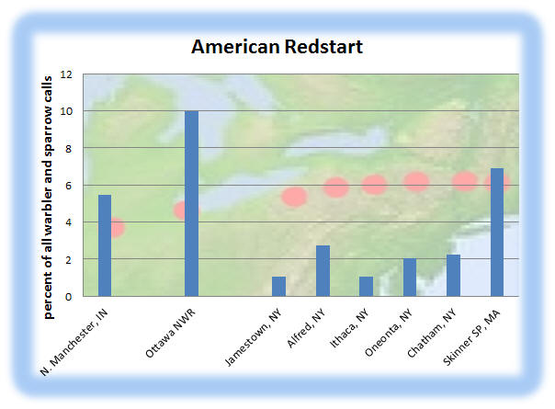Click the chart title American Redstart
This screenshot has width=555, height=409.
tap(277, 46)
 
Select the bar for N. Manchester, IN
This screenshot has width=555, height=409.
tap(105, 245)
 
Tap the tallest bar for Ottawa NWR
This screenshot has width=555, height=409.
tap(191, 204)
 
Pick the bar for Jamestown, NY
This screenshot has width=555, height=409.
tap(279, 287)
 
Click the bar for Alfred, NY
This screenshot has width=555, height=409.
tap(323, 271)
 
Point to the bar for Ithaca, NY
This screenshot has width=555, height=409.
tap(366, 287)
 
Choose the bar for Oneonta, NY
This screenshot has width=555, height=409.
tap(410, 278)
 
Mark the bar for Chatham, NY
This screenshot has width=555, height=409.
tap(453, 276)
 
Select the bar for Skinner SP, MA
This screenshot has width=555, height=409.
tap(497, 233)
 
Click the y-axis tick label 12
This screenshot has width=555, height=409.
tap(66, 74)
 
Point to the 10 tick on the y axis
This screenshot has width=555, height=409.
tap(66, 111)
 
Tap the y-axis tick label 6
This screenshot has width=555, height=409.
tap(68, 186)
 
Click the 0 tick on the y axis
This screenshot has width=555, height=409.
tap(68, 297)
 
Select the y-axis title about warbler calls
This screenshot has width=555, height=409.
tap(48, 198)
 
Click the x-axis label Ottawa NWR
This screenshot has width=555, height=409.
tap(170, 334)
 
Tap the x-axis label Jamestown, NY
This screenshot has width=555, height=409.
tap(254, 337)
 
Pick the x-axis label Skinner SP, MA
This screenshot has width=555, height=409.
tap(471, 337)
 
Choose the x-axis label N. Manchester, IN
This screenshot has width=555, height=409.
tap(74, 343)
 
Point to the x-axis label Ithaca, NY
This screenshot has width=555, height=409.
tap(349, 328)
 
